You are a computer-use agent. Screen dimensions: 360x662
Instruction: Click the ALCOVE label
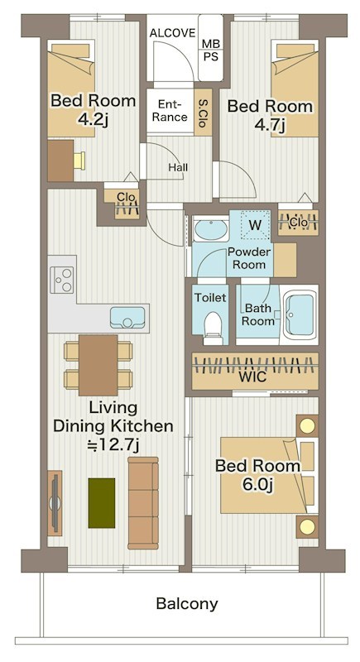[172, 33]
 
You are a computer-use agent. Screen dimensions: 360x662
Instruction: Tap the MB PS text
[210, 50]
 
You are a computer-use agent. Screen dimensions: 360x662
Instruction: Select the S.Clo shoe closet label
[204, 113]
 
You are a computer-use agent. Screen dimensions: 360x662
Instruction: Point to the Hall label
[178, 168]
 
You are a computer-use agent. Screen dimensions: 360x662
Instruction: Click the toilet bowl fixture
[212, 325]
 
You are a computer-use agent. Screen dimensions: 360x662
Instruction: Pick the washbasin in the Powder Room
[210, 230]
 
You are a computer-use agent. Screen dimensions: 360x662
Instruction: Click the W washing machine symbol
[255, 225]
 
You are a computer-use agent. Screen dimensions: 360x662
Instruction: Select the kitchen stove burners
[62, 280]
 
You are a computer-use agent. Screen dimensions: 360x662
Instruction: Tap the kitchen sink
[127, 317]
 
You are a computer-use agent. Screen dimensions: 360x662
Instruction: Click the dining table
[98, 365]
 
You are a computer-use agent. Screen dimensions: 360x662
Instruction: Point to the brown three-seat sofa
[143, 503]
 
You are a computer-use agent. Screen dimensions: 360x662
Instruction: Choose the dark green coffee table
[102, 503]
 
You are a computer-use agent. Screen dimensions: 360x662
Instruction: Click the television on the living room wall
[55, 503]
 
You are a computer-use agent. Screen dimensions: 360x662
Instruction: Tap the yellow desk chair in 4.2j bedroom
[79, 161]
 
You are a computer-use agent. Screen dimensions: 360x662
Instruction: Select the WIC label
[252, 377]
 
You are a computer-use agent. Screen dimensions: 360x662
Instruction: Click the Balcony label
[187, 604]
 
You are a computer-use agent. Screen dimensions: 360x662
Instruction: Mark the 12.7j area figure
[113, 444]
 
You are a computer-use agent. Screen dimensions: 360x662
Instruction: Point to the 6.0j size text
[258, 485]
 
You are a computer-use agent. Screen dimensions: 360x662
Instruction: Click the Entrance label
[170, 111]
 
